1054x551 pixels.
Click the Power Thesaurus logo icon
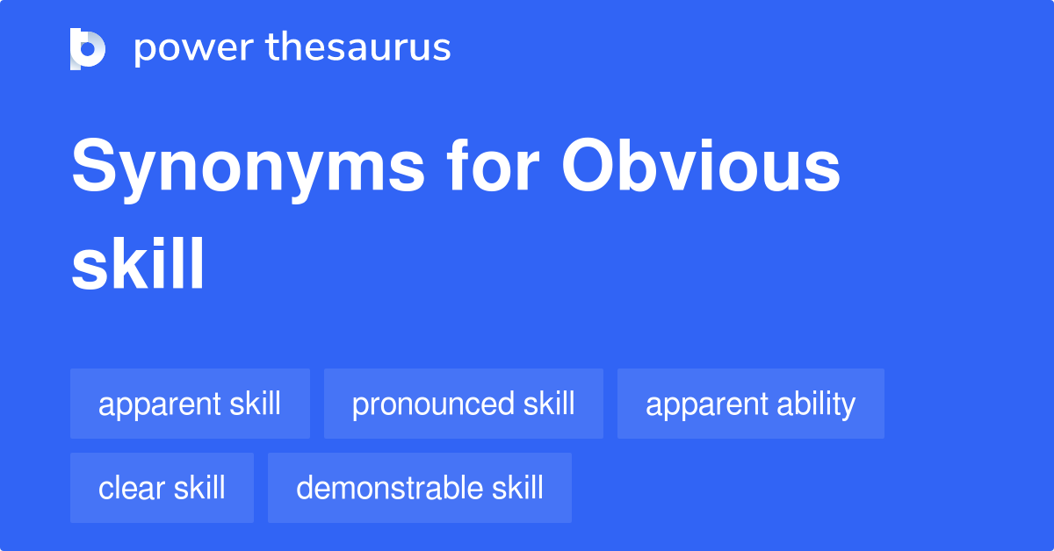pos(88,49)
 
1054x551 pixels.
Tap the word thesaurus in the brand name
pos(358,47)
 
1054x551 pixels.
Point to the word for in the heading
pos(493,165)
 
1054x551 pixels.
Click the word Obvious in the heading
pos(701,165)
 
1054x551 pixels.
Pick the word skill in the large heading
pos(137,263)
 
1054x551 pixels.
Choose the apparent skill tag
pos(190,404)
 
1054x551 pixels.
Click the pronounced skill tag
pos(464,404)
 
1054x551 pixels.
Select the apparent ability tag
pos(751,404)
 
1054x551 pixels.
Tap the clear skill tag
pos(162,488)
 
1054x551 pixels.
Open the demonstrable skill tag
pos(420,488)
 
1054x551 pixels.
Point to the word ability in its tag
pos(816,404)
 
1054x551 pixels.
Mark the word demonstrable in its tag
pos(390,487)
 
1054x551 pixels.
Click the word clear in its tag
pos(132,487)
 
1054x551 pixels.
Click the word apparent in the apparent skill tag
pos(160,405)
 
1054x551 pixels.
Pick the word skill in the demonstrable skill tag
pos(517,487)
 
